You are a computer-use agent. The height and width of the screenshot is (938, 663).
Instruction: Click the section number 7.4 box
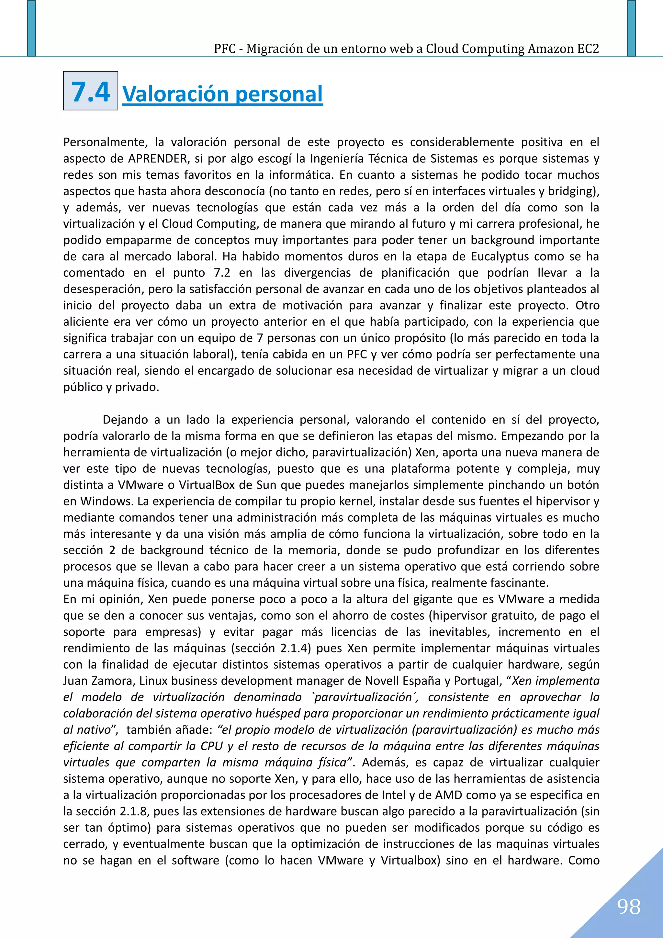pos(90,91)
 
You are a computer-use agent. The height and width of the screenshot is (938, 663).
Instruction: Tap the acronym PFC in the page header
pos(225,49)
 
